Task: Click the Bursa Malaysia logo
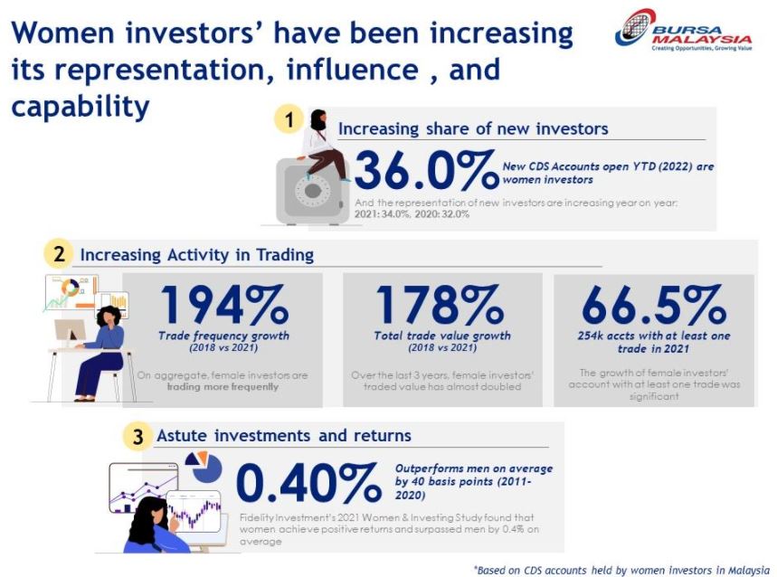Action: (x=683, y=31)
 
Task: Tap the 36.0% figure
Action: (x=426, y=170)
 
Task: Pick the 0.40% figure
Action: (x=309, y=482)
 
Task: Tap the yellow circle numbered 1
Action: (x=289, y=119)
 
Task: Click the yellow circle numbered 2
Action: (x=59, y=254)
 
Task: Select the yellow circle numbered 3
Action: (x=137, y=436)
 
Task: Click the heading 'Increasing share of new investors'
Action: (x=473, y=128)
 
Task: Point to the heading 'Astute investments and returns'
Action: (x=284, y=436)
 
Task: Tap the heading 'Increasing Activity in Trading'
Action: (x=196, y=254)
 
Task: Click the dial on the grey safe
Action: (x=312, y=191)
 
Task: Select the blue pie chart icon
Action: (x=205, y=467)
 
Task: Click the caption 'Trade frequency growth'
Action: (x=223, y=336)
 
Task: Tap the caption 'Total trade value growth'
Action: (x=442, y=336)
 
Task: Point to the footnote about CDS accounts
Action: (x=621, y=570)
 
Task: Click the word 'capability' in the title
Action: (x=81, y=107)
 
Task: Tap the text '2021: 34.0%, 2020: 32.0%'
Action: (x=412, y=214)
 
